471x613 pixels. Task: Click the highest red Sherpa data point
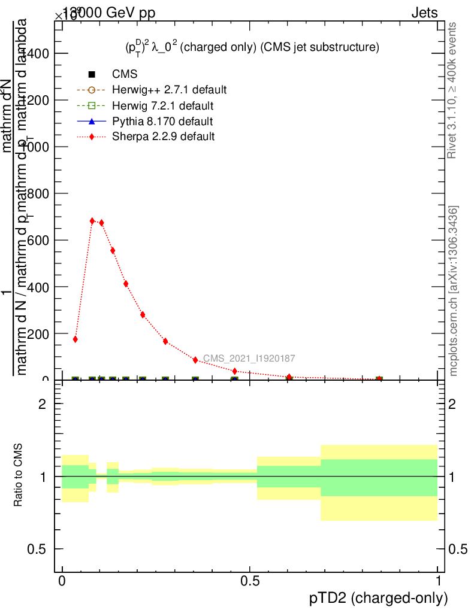click(92, 221)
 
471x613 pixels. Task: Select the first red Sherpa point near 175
click(76, 339)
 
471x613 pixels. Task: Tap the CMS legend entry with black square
click(125, 75)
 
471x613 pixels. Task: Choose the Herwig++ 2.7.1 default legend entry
click(169, 90)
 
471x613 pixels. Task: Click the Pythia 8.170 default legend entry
click(162, 122)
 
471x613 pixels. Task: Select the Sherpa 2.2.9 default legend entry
click(164, 136)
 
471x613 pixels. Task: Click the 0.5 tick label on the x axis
click(250, 581)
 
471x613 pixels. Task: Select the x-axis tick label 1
click(438, 581)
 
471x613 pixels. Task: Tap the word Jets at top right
click(424, 13)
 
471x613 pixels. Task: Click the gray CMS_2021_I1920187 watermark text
click(249, 359)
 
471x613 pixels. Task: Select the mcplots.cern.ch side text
click(454, 292)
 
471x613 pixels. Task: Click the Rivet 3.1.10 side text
click(454, 90)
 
